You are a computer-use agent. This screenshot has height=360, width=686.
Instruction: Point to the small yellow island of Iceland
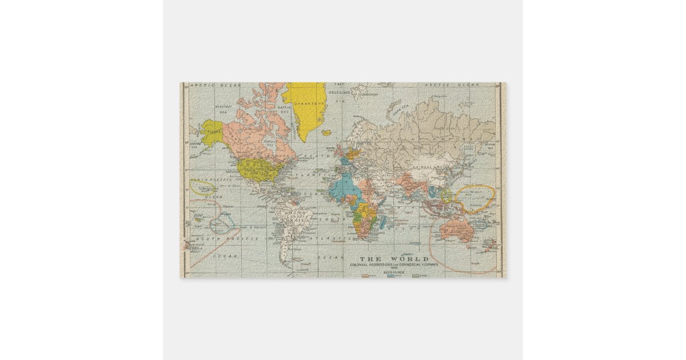coord(326,133)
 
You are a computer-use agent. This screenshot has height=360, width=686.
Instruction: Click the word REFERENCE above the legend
coord(394,273)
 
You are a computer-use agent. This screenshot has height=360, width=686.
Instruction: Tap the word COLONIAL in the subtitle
coord(361,265)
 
